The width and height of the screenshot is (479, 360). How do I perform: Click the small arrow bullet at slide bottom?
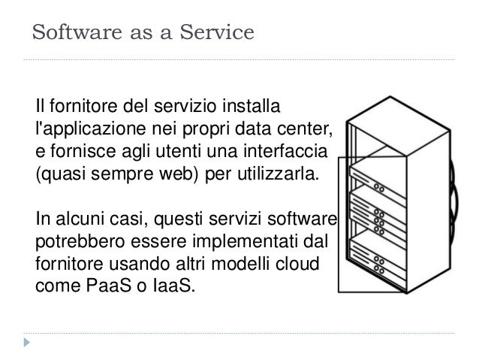29,342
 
